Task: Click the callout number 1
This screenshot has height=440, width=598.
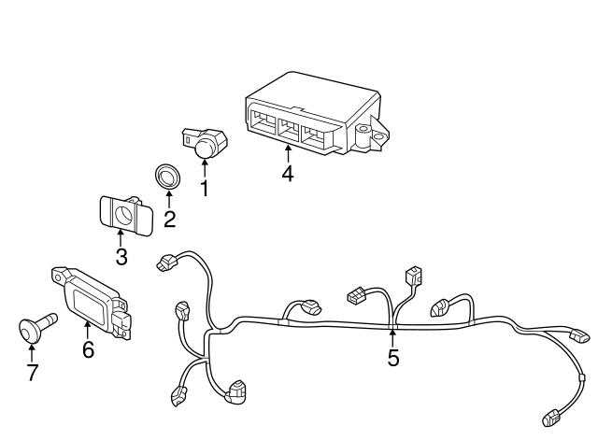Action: point(205,187)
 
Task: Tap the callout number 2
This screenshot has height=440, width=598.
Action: point(169,220)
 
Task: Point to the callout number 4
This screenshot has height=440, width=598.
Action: point(288,173)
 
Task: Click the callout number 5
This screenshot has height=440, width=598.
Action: point(392,358)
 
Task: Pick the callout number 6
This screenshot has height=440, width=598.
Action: point(88,349)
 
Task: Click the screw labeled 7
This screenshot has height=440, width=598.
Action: point(36,329)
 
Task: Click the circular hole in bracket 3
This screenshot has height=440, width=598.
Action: point(122,216)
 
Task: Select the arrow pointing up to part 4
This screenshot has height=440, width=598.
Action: point(288,152)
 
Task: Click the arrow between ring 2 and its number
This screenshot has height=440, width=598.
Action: point(169,199)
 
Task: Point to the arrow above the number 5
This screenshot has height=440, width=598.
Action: point(392,336)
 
